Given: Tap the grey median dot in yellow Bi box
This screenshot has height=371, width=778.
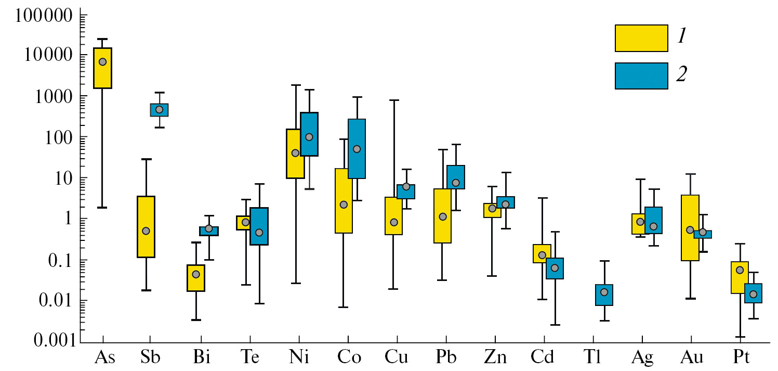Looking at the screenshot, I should tap(196, 274).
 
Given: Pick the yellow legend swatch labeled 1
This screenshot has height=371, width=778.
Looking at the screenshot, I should tap(641, 38).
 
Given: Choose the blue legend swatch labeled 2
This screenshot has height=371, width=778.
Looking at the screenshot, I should tap(641, 76).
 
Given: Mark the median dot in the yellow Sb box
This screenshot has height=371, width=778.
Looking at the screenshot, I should tap(146, 231).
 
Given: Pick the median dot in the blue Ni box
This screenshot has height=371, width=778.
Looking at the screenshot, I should tap(309, 137).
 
